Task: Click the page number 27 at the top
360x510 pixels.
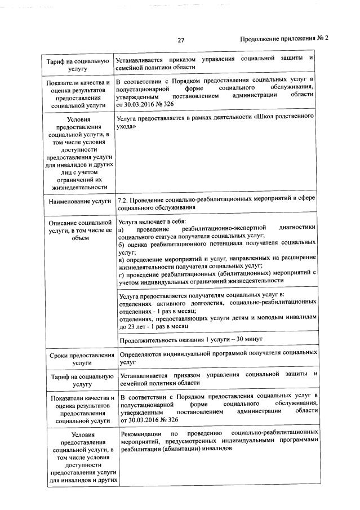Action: click(x=181, y=40)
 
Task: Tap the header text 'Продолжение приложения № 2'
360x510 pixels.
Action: click(x=283, y=39)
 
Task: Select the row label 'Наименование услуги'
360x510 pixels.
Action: click(x=78, y=201)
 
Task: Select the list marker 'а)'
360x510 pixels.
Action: click(x=121, y=231)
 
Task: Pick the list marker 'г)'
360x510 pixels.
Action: click(x=121, y=273)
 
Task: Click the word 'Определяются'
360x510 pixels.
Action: click(x=143, y=353)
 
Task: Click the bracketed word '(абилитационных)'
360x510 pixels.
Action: click(x=245, y=273)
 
